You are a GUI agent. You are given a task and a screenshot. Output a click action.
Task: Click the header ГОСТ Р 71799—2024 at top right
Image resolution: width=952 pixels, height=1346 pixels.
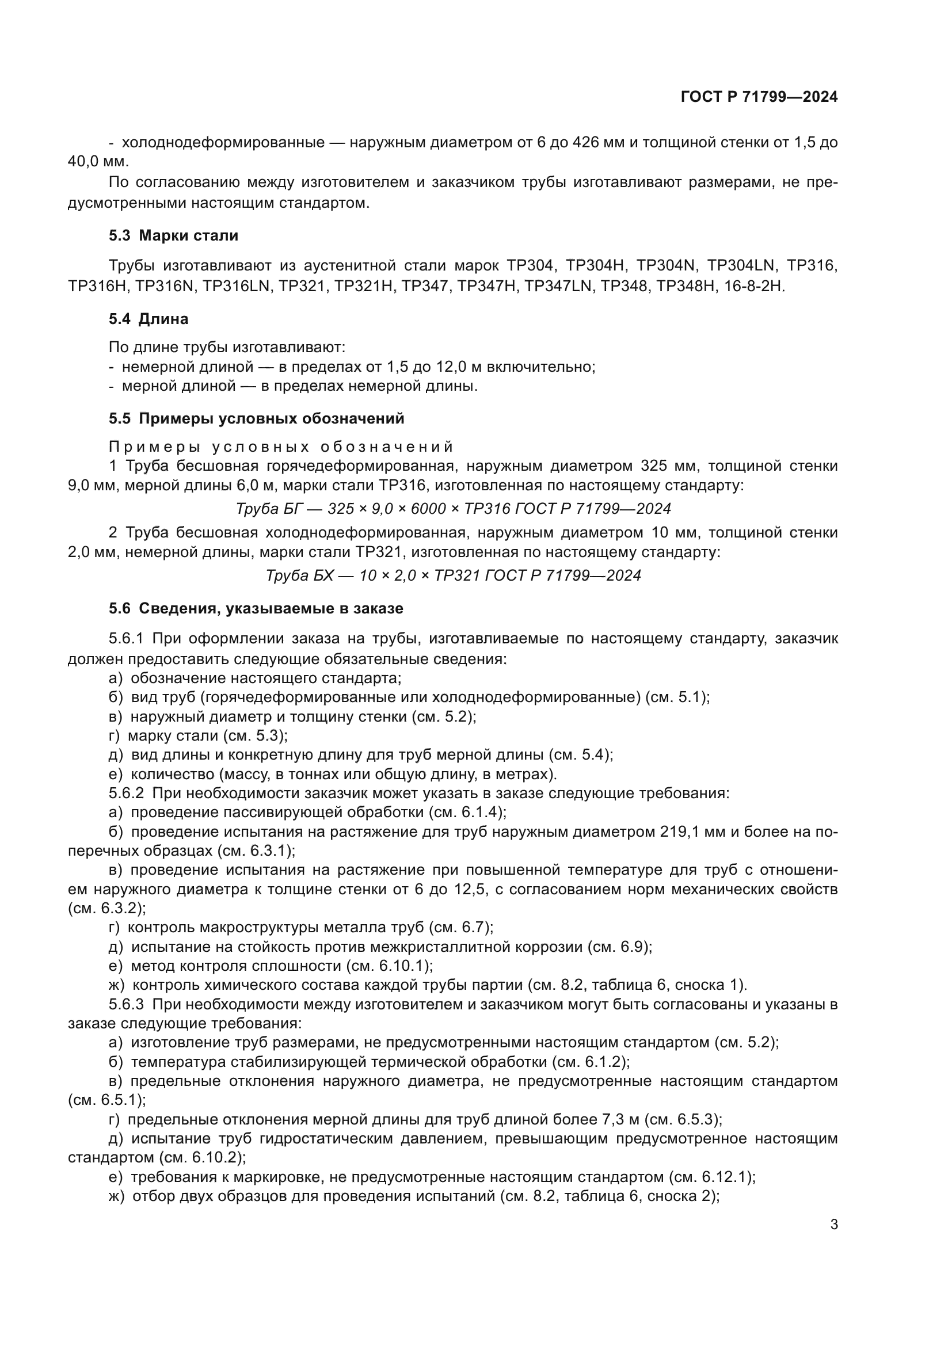(759, 97)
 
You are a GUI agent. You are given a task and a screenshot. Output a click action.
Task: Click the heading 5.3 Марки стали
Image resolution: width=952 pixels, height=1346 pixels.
(173, 236)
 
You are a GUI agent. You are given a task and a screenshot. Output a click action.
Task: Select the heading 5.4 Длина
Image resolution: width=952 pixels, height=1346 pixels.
(148, 319)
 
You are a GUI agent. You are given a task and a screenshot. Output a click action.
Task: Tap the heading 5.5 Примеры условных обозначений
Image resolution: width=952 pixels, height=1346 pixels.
(256, 418)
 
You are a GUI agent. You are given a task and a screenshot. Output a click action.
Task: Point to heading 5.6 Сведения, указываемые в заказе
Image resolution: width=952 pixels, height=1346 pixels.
(256, 608)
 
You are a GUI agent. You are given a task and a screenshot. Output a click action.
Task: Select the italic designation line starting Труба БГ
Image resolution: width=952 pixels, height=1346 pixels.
(453, 509)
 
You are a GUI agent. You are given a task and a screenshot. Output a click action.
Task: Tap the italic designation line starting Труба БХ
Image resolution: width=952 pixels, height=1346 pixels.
(453, 575)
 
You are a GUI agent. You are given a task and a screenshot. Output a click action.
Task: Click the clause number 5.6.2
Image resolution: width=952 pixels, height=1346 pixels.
(126, 794)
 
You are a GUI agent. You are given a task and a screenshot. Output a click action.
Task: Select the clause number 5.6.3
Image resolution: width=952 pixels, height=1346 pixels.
(126, 1005)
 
